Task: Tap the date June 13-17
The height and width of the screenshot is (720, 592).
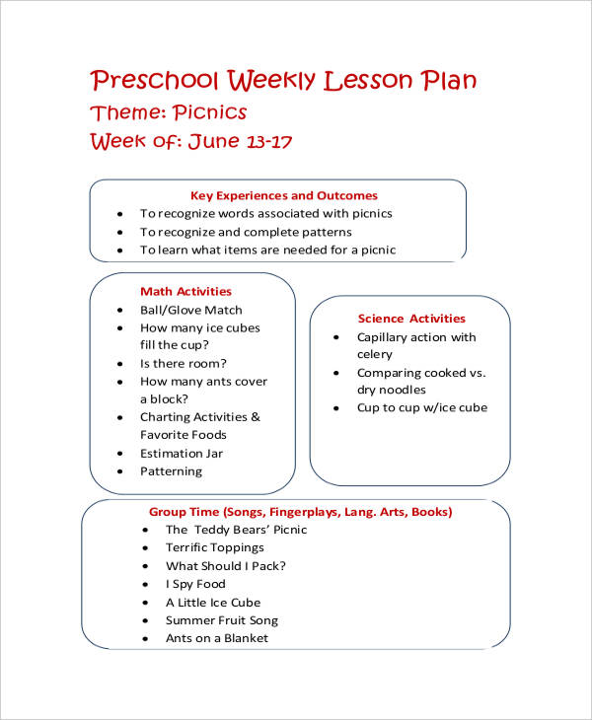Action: (239, 141)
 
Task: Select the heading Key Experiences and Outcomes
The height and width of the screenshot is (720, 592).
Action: (283, 195)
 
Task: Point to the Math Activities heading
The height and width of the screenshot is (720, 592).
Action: (185, 291)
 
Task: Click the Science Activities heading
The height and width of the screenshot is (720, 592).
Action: (411, 319)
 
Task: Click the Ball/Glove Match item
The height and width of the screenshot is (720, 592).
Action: (191, 310)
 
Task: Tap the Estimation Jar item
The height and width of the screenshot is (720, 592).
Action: (182, 453)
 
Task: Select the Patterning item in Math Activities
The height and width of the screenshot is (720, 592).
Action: (171, 470)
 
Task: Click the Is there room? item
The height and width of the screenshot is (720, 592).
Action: (184, 363)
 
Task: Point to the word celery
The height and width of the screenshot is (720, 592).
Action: (375, 354)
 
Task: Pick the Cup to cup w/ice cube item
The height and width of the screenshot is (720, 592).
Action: (422, 407)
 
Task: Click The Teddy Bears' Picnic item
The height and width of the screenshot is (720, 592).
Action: (236, 530)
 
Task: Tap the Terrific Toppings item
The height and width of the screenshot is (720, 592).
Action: (215, 547)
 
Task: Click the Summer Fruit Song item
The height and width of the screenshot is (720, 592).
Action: (222, 620)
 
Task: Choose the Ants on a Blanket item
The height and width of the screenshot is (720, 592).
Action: (217, 638)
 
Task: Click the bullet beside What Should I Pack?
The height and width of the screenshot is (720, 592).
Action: (144, 566)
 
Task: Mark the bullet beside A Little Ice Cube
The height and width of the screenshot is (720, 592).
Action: (144, 603)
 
